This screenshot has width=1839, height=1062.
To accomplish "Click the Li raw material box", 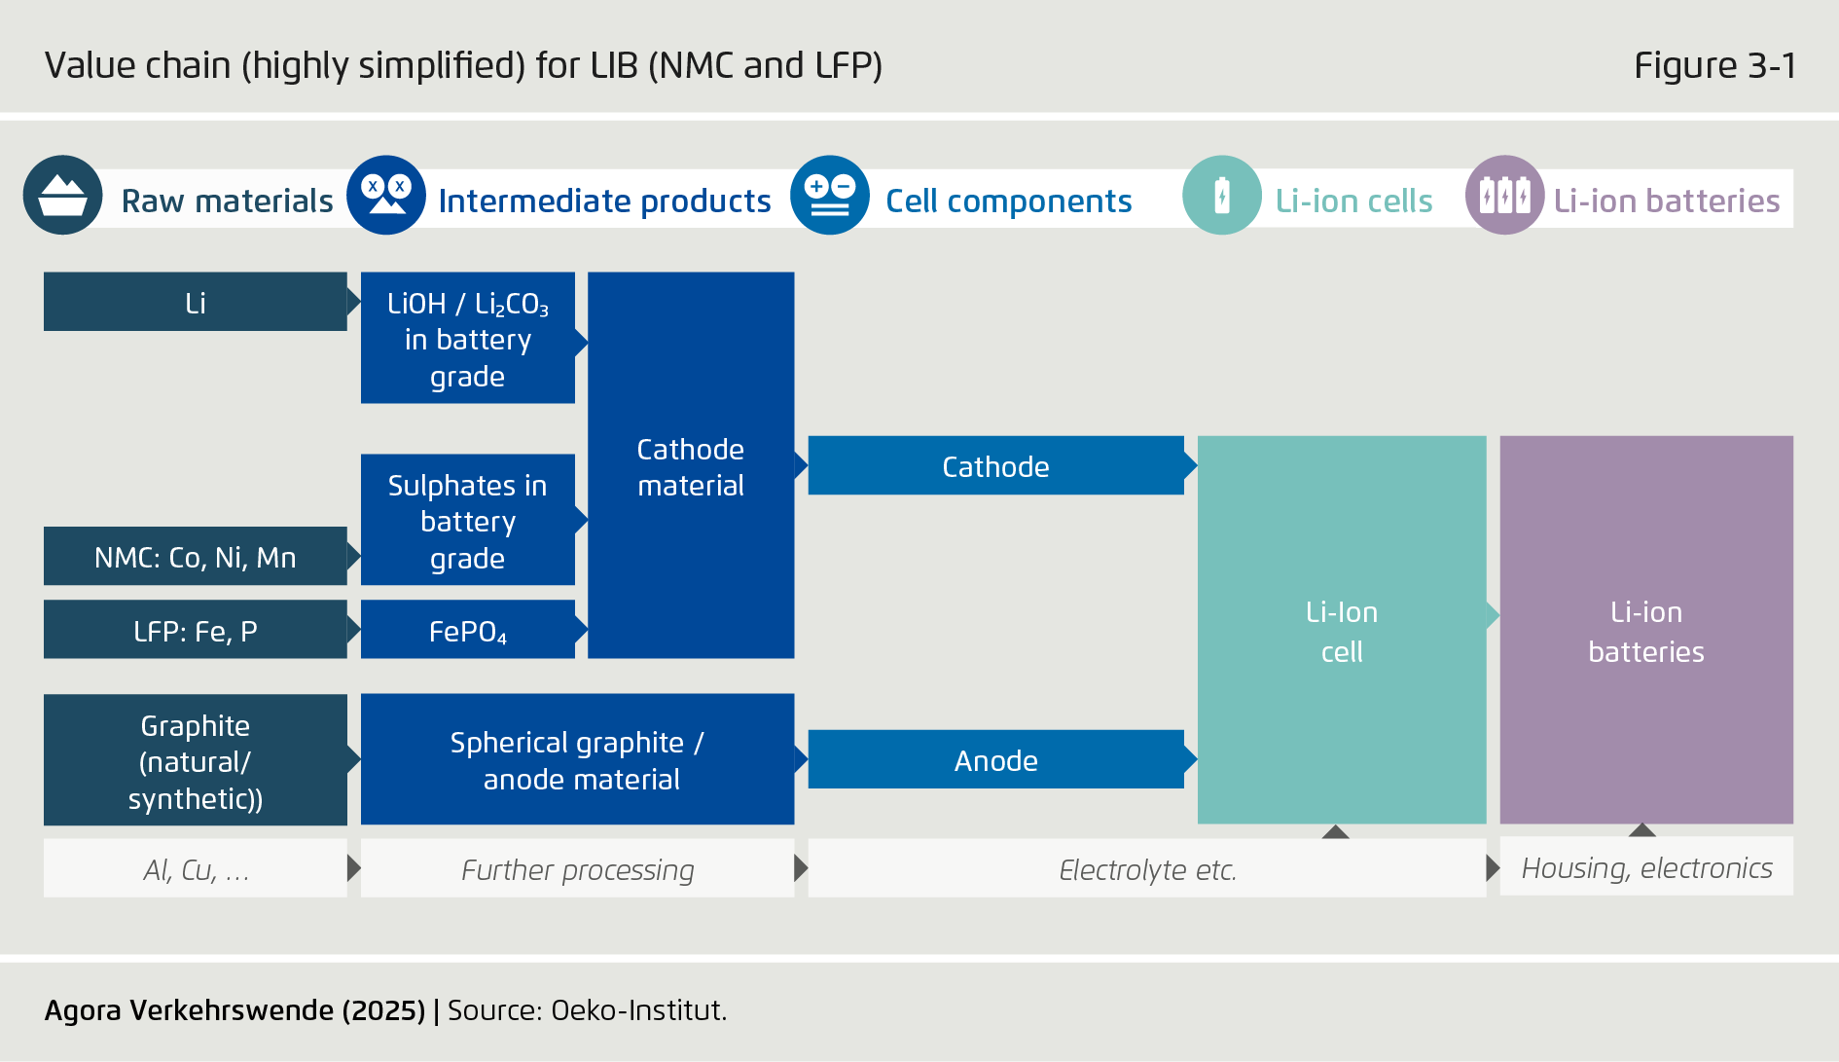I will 195,302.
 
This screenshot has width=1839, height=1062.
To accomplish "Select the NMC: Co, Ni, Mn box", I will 195,557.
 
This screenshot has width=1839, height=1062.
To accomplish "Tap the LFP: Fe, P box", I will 195,630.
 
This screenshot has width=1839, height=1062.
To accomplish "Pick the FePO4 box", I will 467,630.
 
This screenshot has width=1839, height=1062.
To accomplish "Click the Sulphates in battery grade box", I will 467,521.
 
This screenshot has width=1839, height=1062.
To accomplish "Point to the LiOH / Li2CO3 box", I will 467,338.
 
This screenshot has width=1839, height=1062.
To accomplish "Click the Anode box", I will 995,759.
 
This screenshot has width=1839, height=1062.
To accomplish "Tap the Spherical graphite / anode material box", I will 577,759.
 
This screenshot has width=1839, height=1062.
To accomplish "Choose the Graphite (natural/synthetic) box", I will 195,759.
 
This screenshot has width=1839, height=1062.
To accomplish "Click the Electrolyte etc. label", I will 1146,868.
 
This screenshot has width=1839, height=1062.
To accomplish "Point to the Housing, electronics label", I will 1646,866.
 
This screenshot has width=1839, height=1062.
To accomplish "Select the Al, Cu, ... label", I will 195,868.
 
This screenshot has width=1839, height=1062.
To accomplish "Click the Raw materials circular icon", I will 62,196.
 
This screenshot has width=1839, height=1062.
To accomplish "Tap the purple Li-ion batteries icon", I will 1504,196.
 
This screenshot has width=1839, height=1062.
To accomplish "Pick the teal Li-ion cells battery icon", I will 1222,196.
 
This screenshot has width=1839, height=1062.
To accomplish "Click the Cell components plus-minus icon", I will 830,196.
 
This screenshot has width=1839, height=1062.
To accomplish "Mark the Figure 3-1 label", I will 1714,65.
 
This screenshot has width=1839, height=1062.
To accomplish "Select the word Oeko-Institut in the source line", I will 637,1009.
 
